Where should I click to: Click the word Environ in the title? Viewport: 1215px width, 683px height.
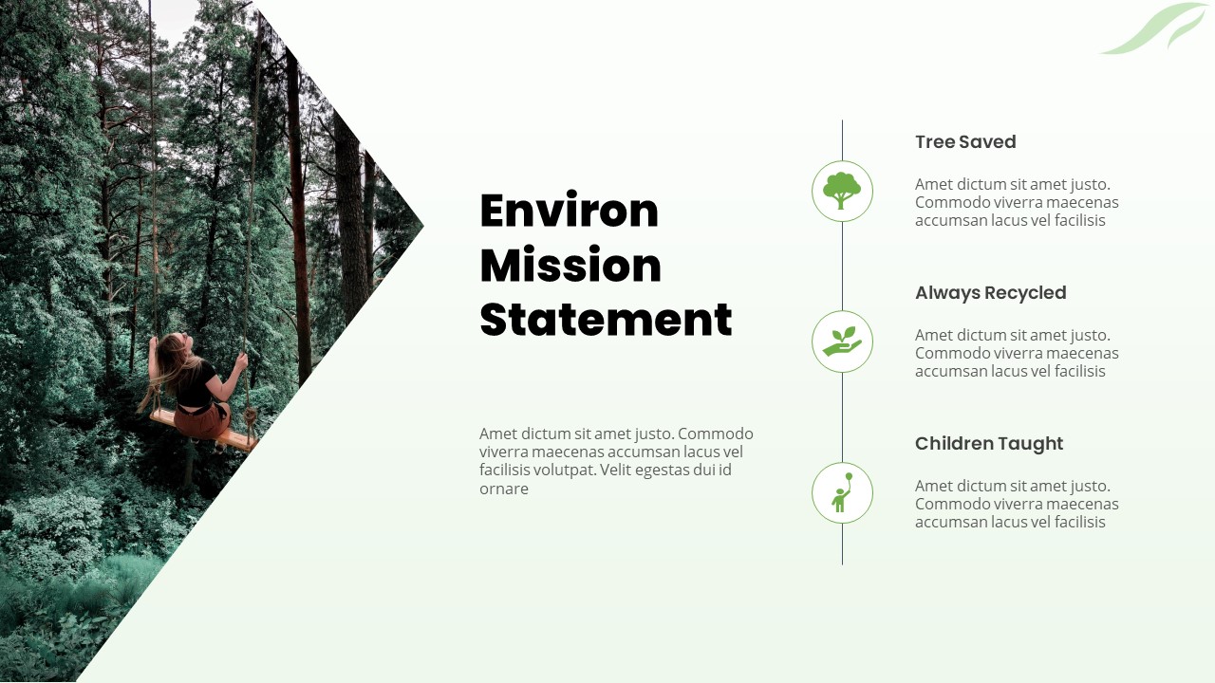[x=569, y=211]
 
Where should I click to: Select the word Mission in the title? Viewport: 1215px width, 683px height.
[x=570, y=266]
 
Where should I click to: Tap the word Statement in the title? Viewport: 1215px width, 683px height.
[x=606, y=320]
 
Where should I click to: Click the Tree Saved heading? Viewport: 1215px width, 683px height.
[x=965, y=142]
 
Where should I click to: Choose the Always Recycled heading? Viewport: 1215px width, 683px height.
[x=990, y=293]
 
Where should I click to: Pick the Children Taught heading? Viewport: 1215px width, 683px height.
[x=988, y=444]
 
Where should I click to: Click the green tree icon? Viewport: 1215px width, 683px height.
[x=842, y=191]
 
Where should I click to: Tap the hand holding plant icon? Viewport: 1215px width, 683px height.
[x=842, y=341]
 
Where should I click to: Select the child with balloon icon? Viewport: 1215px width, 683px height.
[x=842, y=492]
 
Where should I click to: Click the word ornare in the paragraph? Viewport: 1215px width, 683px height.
[x=504, y=489]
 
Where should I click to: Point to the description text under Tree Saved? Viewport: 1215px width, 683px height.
[x=1016, y=202]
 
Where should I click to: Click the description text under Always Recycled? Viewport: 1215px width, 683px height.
[x=1016, y=353]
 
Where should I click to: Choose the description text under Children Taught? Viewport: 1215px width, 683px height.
[x=1016, y=504]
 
